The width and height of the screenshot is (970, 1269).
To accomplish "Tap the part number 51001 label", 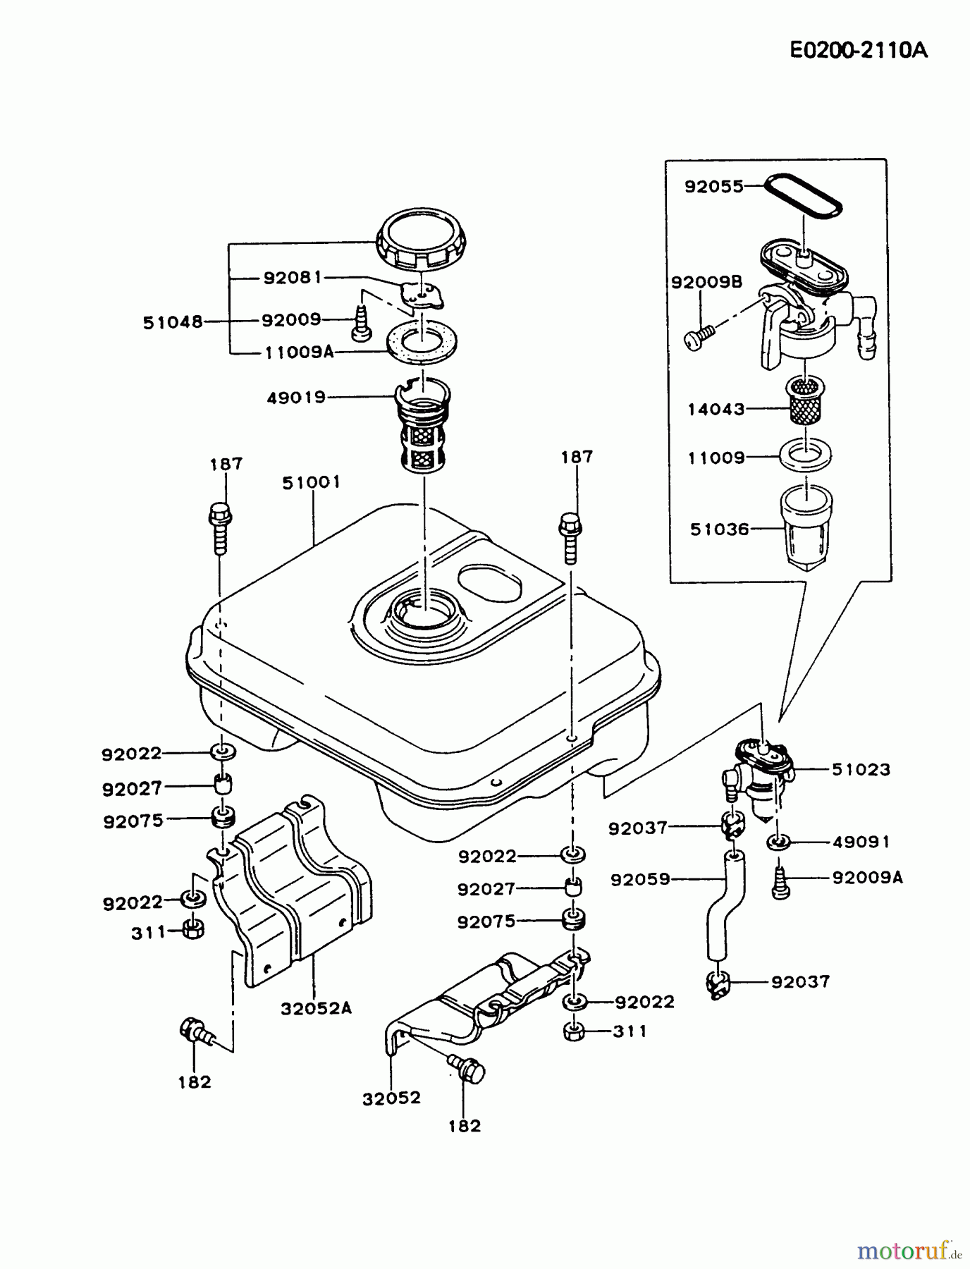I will click(311, 482).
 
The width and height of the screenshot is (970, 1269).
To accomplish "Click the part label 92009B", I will click(706, 283).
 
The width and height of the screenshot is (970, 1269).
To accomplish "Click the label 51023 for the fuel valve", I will click(861, 770).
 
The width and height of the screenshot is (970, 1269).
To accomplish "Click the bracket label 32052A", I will click(316, 1008).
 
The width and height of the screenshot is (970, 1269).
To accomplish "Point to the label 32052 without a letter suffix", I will click(392, 1098).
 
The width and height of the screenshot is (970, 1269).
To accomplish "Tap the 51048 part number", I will click(173, 323).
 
